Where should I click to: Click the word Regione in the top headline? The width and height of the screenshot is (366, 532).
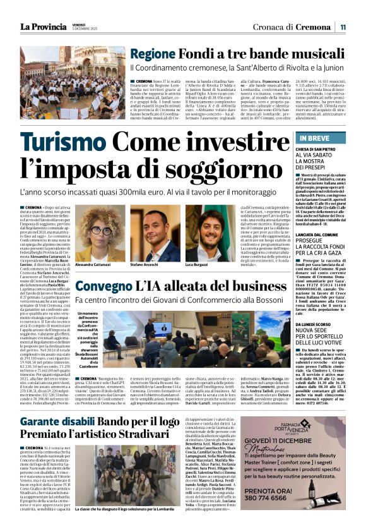(152, 54)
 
